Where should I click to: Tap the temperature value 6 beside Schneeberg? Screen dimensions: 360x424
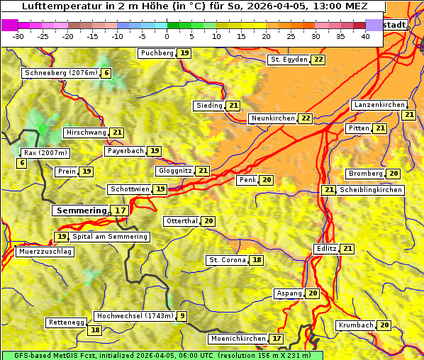pos(106,73)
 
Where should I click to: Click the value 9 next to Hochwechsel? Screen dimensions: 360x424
pos(182,316)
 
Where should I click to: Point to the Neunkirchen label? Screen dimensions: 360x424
pos(272,118)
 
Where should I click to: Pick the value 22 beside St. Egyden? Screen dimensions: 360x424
pos(318,60)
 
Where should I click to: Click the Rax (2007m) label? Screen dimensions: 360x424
pos(45,153)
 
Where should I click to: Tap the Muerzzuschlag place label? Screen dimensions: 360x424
pos(44,252)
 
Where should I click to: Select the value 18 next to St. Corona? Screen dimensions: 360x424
pos(256,260)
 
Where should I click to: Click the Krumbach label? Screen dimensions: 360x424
pos(355,325)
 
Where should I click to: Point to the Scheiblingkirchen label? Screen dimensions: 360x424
pos(371,190)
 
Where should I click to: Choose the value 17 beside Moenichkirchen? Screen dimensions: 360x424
pos(277,339)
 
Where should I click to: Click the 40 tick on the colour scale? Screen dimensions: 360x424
pos(365,36)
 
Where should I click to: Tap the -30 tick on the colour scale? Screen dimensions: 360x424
pos(18,36)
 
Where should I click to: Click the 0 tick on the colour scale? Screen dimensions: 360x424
pos(167,36)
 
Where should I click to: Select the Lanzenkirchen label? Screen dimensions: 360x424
pos(379,105)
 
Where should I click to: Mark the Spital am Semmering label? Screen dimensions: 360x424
pos(110,237)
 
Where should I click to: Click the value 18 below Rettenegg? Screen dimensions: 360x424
pos(94,330)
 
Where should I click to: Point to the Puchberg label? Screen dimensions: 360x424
pos(157,53)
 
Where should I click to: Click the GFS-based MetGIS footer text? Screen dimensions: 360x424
pos(162,355)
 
